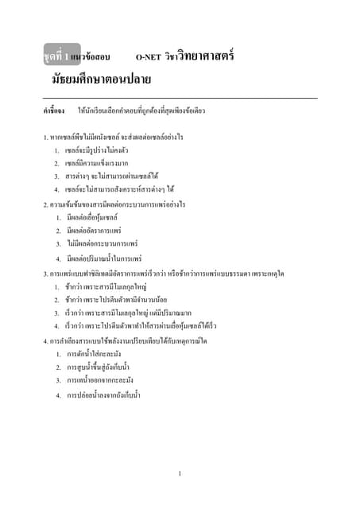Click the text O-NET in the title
point(149,58)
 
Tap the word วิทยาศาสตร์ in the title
point(209,56)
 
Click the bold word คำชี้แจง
point(54,111)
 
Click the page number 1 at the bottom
point(180,474)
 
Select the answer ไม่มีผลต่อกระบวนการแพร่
point(103,243)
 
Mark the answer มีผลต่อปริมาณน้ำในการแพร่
point(104,258)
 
